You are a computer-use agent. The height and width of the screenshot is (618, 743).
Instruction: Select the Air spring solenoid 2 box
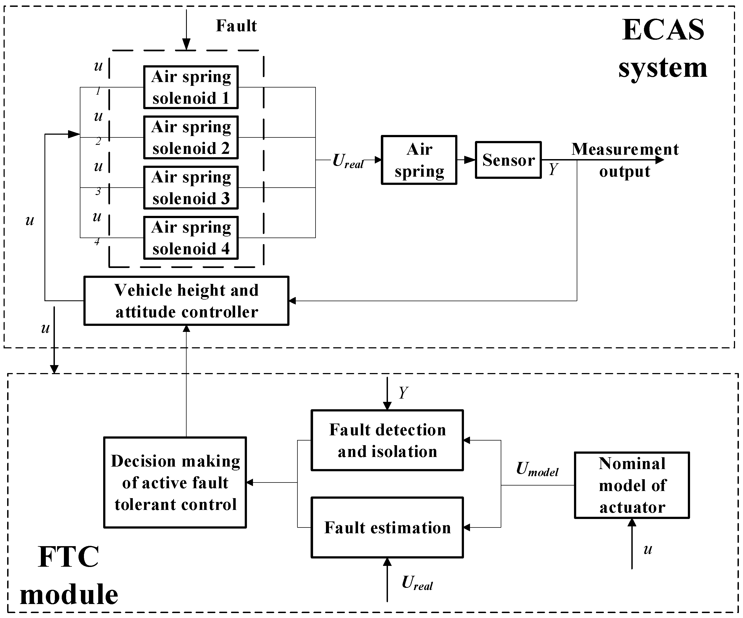pyautogui.click(x=191, y=137)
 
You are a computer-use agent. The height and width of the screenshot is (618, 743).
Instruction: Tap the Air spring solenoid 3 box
pyautogui.click(x=191, y=188)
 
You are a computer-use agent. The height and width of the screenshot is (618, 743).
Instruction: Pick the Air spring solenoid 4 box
pyautogui.click(x=191, y=238)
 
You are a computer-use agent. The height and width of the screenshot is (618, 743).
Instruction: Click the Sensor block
pyautogui.click(x=508, y=160)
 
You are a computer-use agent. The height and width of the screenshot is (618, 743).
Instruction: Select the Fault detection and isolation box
pyautogui.click(x=387, y=441)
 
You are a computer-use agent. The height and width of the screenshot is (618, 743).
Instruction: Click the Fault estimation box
pyautogui.click(x=387, y=527)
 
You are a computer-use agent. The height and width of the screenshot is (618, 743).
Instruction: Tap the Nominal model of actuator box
pyautogui.click(x=632, y=485)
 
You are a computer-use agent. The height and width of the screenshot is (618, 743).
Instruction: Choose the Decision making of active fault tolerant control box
pyautogui.click(x=175, y=482)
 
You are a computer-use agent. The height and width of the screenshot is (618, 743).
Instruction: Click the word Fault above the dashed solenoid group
pyautogui.click(x=236, y=26)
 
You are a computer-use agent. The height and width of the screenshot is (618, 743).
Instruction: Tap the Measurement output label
pyautogui.click(x=625, y=160)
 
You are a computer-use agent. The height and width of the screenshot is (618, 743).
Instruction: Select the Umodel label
pyautogui.click(x=537, y=469)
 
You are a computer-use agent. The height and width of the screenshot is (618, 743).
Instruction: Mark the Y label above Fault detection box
pyautogui.click(x=403, y=393)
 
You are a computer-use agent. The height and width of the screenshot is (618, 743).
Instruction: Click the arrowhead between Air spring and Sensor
pyautogui.click(x=469, y=160)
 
